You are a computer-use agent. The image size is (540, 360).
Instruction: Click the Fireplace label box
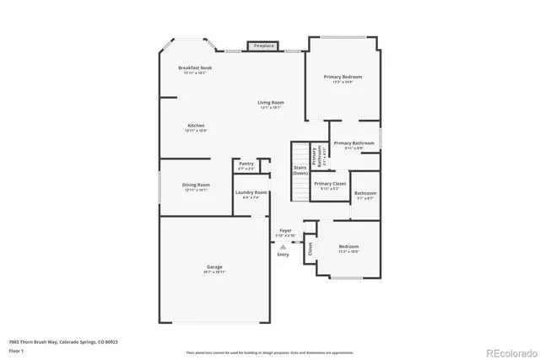(264, 46)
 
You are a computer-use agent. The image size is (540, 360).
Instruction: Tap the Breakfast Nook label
(195, 67)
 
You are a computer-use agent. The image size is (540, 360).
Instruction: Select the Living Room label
(271, 103)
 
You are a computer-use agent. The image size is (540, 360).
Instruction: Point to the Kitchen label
(196, 126)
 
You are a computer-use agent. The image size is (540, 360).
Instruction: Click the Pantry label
(246, 164)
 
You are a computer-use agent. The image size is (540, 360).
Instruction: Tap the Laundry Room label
(251, 192)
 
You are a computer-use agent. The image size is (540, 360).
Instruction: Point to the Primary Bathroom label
(354, 143)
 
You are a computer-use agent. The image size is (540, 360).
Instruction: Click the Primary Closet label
(330, 184)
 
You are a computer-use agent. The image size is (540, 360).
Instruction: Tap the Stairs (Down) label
(300, 170)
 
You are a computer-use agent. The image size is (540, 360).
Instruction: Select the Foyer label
(286, 229)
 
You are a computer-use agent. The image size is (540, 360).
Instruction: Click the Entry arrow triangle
(283, 247)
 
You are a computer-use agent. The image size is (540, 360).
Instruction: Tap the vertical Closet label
(310, 249)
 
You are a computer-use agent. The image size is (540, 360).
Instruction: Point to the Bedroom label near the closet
(348, 247)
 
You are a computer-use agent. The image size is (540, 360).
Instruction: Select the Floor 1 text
(16, 350)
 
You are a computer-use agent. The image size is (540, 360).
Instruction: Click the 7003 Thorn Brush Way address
(63, 342)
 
